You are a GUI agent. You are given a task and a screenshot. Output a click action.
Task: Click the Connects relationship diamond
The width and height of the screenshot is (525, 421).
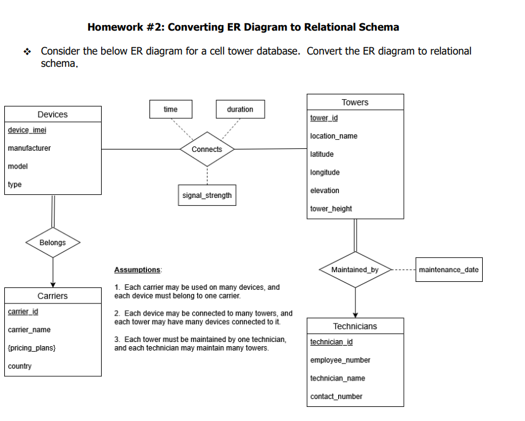[207, 149]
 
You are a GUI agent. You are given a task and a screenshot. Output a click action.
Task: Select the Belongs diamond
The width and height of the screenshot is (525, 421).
[53, 243]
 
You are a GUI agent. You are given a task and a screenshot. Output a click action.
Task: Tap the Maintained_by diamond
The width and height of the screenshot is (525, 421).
[355, 270]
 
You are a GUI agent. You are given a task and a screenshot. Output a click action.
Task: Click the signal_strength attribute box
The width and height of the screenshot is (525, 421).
[207, 195]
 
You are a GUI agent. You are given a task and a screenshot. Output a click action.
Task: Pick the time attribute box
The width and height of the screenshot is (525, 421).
[171, 109]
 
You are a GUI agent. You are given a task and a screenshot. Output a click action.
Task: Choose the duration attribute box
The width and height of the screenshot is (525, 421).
[240, 109]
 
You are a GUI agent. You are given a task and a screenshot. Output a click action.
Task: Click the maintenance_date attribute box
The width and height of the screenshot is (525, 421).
[448, 270]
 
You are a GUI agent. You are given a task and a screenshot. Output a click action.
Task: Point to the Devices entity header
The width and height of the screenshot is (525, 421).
[53, 115]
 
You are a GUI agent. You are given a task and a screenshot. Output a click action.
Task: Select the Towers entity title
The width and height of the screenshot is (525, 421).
[355, 102]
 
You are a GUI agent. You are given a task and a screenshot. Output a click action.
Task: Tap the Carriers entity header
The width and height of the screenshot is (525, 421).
[53, 296]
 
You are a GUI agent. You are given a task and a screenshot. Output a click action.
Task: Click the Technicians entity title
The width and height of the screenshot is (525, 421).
[355, 326]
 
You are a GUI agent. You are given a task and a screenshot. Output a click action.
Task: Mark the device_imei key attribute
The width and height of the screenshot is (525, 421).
[27, 130]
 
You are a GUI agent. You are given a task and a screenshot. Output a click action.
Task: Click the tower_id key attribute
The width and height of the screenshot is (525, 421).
[324, 118]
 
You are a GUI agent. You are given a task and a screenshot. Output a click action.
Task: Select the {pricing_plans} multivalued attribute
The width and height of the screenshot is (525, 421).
[32, 348]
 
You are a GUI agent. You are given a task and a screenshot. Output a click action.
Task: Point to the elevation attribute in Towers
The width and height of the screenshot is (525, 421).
[325, 191]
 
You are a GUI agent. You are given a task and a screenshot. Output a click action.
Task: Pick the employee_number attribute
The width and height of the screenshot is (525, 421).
[340, 360]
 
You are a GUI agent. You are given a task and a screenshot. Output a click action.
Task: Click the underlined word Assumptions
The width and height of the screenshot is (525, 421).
[137, 270]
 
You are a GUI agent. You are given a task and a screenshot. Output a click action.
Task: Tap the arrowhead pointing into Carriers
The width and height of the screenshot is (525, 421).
[53, 284]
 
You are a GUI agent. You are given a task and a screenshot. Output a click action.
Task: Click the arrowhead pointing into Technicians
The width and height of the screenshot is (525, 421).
[355, 314]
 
